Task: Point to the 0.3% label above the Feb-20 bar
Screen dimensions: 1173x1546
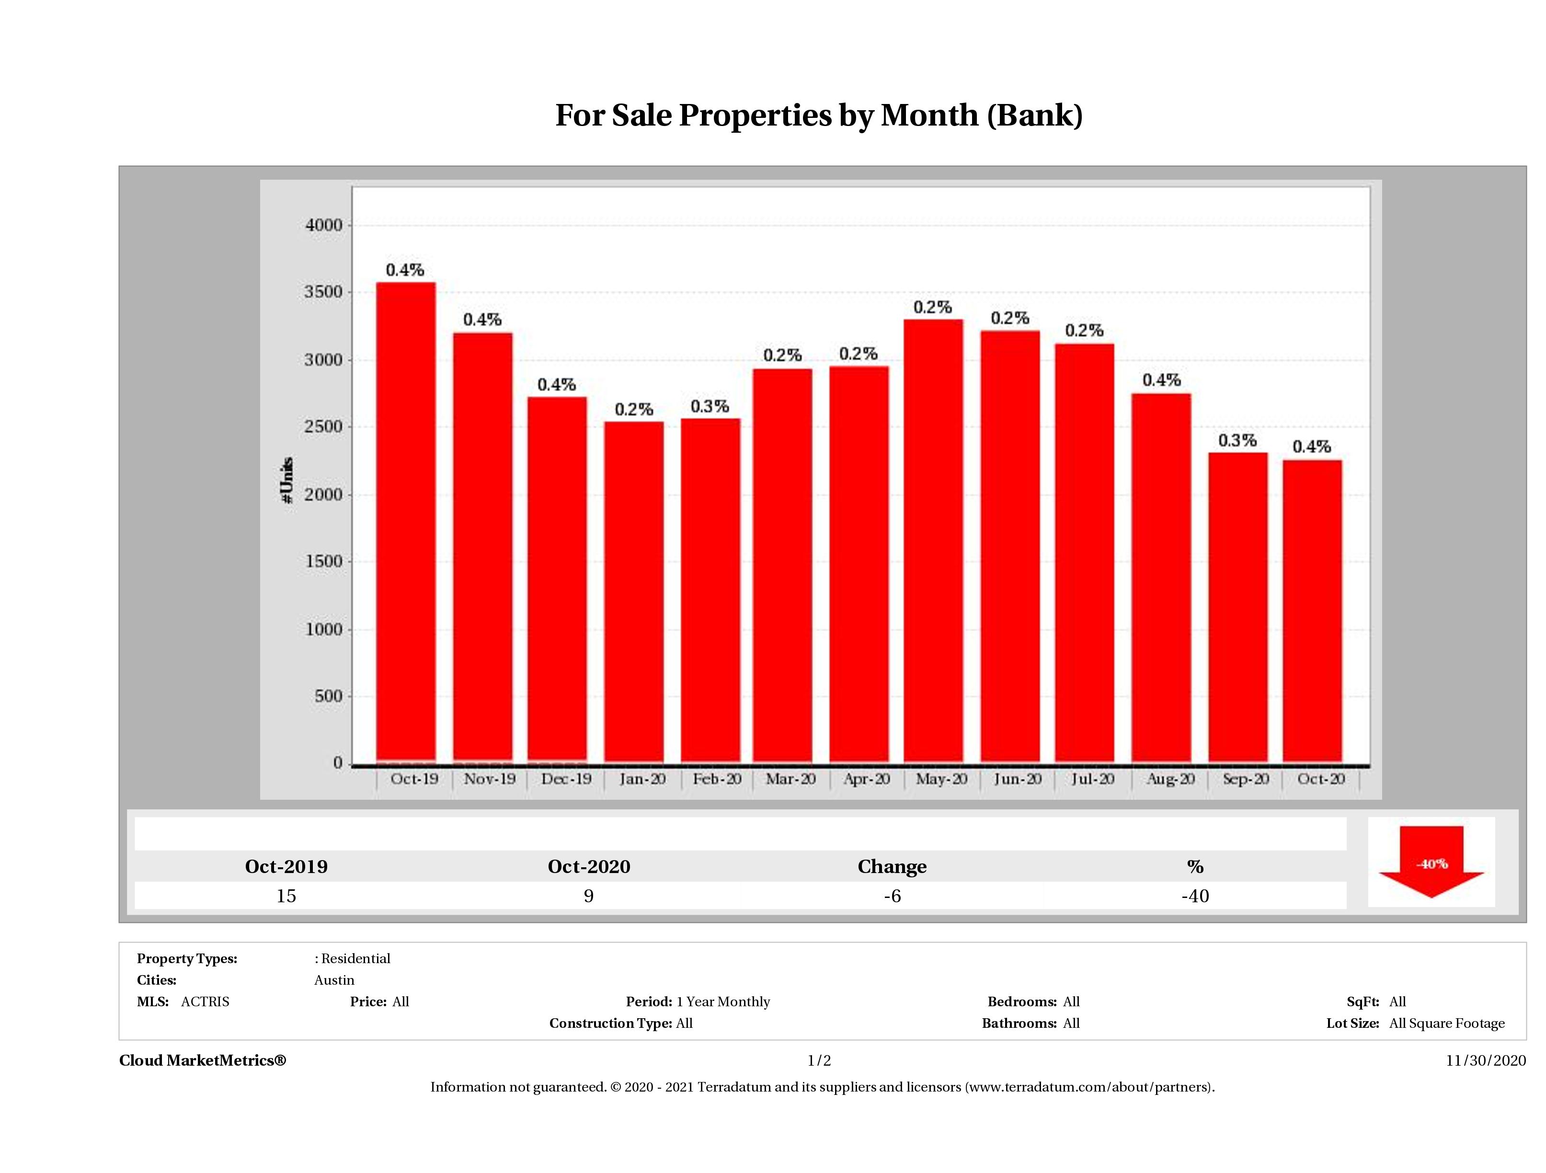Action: coord(710,406)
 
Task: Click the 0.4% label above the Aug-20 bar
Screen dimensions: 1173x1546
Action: coord(1162,380)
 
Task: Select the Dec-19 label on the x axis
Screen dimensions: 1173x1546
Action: coord(566,779)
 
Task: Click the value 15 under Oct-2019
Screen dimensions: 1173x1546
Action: coord(286,896)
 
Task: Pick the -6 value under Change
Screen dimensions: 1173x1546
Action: coord(892,896)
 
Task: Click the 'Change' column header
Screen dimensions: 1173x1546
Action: coord(892,867)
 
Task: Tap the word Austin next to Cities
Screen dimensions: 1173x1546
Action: coord(334,980)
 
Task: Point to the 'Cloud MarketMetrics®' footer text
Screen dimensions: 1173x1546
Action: coord(203,1060)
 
